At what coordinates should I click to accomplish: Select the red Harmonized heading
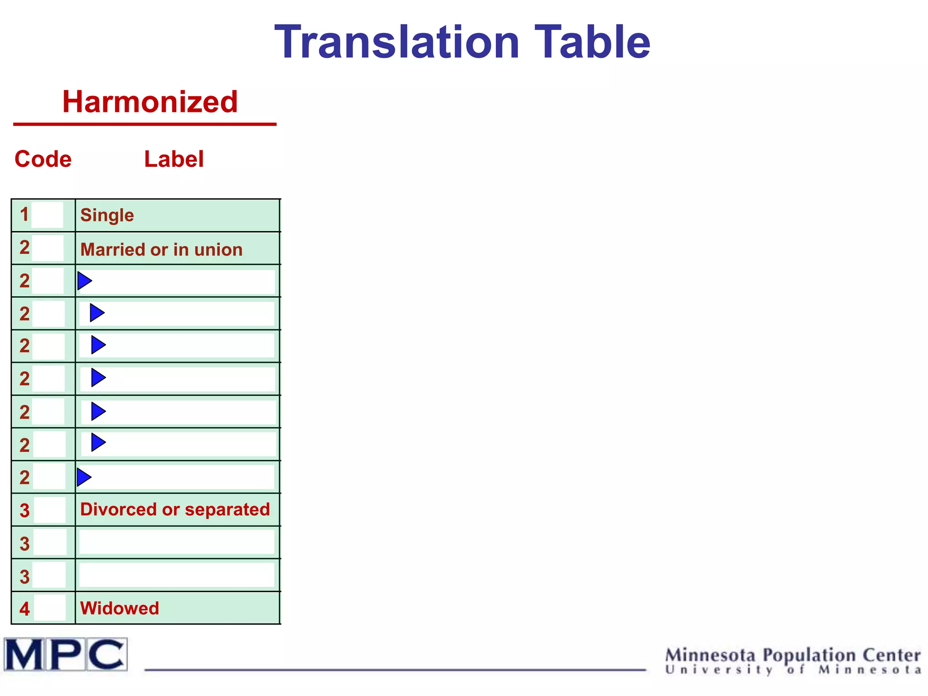pos(150,101)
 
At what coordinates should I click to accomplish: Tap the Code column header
pos(43,159)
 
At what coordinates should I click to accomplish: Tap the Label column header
pos(174,159)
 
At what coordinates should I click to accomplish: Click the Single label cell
pos(107,215)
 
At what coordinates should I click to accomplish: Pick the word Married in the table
pos(113,250)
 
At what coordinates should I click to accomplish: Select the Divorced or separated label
pos(175,509)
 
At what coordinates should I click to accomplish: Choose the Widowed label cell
pos(120,608)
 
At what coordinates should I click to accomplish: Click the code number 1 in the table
pos(24,215)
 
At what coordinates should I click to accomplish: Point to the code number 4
pos(24,609)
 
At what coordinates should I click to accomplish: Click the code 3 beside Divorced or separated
pos(24,511)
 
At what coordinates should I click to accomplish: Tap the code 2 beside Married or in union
pos(24,248)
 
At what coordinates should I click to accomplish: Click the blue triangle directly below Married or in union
pos(84,281)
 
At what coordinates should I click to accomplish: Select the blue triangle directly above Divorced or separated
pos(84,477)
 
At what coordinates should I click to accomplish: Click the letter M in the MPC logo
pos(24,654)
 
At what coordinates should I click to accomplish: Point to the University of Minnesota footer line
pos(793,670)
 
